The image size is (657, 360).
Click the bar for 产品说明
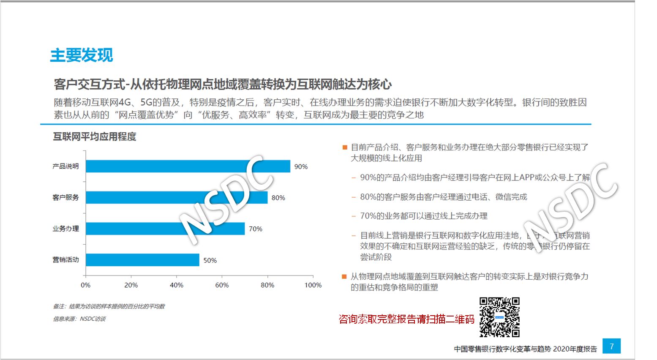[x=188, y=166]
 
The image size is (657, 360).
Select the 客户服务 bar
[x=176, y=197]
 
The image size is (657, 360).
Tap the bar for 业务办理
[x=165, y=229]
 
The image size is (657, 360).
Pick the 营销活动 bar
[x=142, y=260]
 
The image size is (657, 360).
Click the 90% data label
[x=301, y=166]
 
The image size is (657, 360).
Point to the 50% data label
[x=210, y=260]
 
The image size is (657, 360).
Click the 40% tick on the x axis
[x=176, y=285]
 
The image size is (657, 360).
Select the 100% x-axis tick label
[x=313, y=285]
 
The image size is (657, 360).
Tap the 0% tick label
[x=86, y=285]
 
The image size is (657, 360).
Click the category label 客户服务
[x=65, y=197]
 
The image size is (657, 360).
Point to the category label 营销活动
[x=65, y=260]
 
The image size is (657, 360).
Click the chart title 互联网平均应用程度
[x=95, y=136]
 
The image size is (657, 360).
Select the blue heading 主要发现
[x=82, y=55]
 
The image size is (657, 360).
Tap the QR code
[x=499, y=317]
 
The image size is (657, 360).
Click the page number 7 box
[x=611, y=346]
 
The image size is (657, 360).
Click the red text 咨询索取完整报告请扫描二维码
[x=406, y=319]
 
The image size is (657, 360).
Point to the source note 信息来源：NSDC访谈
[x=79, y=319]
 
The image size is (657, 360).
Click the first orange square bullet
[x=345, y=147]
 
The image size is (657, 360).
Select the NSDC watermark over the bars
[x=226, y=199]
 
